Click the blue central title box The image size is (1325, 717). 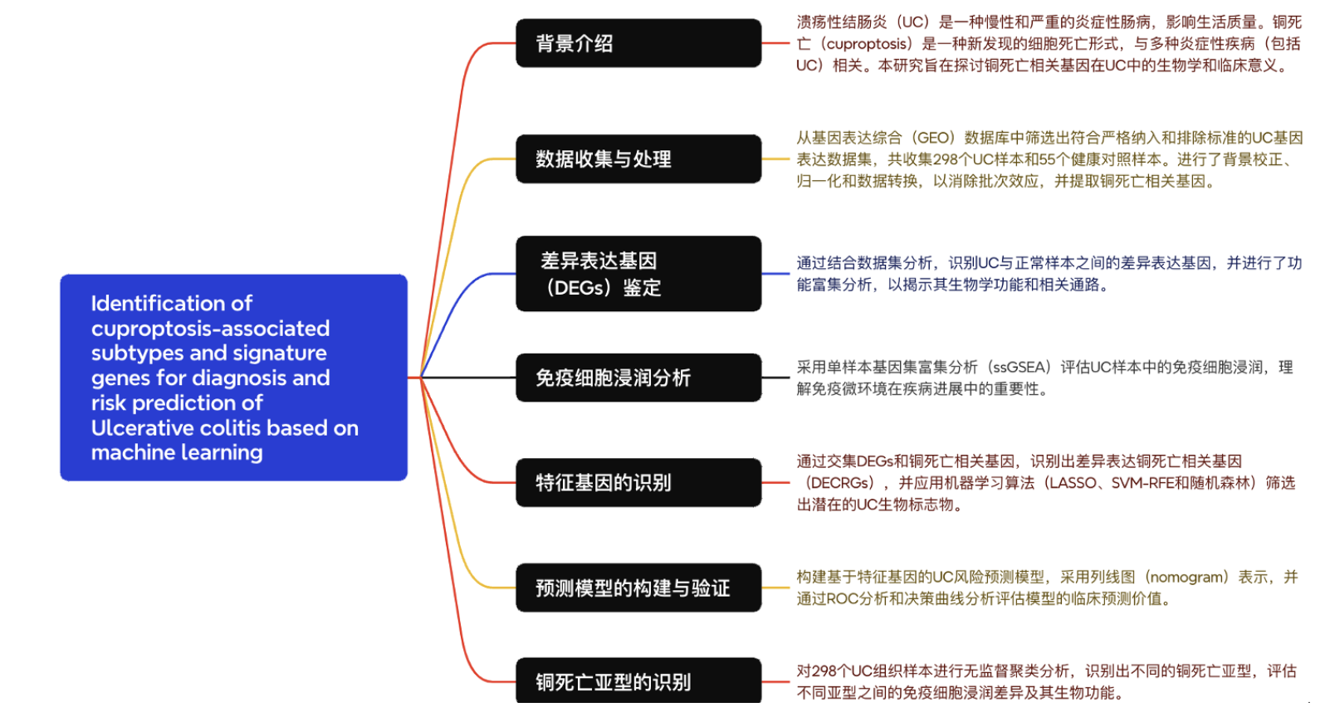(x=233, y=378)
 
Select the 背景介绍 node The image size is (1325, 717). (x=638, y=43)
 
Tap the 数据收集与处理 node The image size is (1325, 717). (x=638, y=159)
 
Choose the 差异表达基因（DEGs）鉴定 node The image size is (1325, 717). (x=638, y=274)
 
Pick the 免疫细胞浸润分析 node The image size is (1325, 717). (x=638, y=378)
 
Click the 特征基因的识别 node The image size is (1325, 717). (x=638, y=482)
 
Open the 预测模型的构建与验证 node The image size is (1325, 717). (x=638, y=588)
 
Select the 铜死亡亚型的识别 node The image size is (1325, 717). (x=638, y=681)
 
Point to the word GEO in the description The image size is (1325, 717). (x=934, y=138)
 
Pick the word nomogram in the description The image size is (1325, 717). (x=1187, y=577)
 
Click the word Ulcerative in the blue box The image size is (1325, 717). (x=136, y=428)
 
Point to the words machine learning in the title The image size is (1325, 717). (x=177, y=453)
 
